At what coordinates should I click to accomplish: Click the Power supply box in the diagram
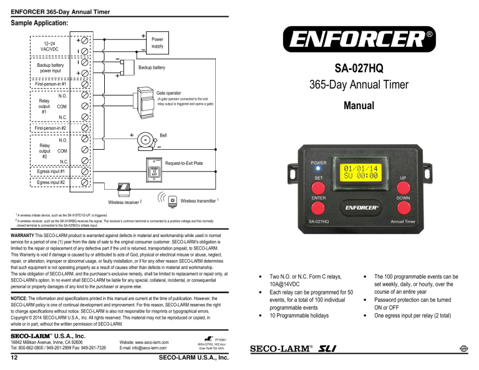pos(157,42)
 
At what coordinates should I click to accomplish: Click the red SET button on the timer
pos(319,187)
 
